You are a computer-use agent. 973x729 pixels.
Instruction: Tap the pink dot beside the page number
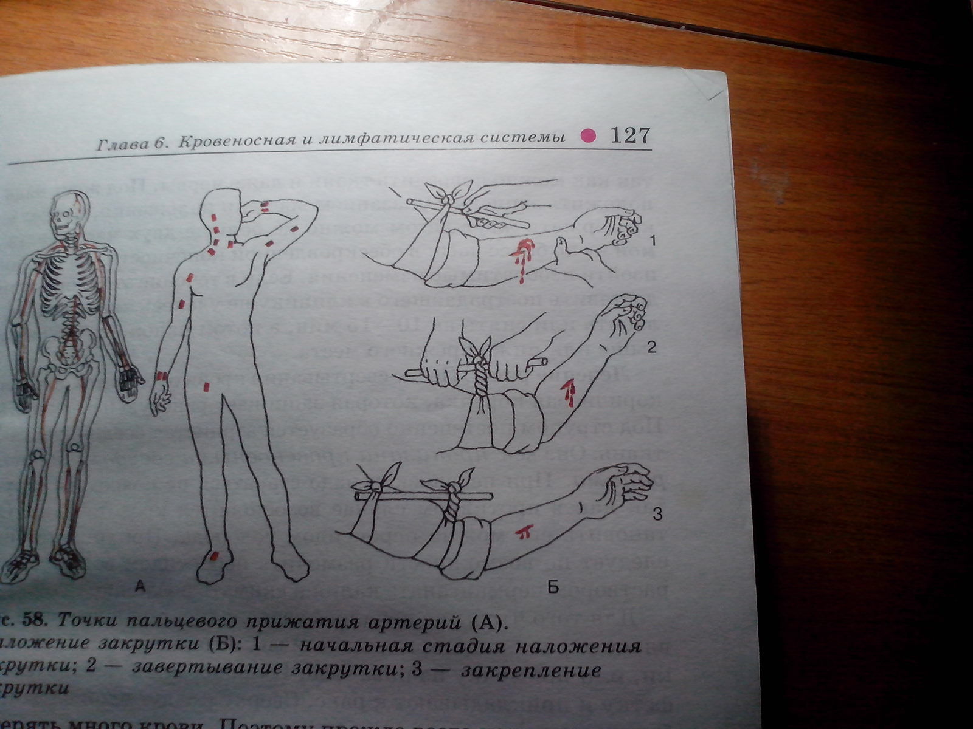[587, 136]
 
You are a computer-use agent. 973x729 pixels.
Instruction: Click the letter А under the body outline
[139, 586]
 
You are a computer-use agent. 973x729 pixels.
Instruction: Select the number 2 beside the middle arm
[651, 348]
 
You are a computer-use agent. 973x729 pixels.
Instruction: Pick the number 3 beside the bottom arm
[656, 516]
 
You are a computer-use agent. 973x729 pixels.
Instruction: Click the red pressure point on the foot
[213, 556]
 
